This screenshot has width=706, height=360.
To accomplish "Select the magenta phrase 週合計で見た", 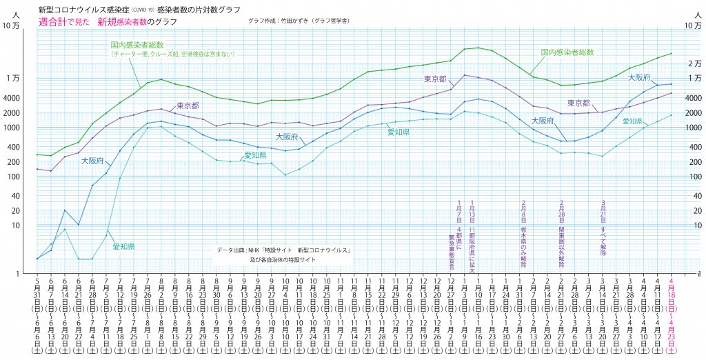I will click(x=65, y=22).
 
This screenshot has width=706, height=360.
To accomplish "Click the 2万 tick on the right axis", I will click(x=694, y=63).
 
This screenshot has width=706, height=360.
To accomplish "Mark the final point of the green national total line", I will click(x=672, y=53).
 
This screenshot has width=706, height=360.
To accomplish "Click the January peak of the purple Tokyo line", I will click(x=465, y=74).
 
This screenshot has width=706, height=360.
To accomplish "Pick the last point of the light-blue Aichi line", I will click(x=672, y=114).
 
